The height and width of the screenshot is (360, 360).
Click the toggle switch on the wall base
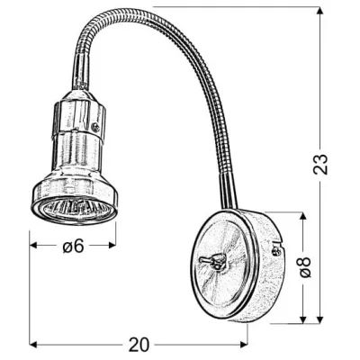(x=215, y=261)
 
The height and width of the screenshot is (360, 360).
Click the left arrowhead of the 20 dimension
(x=34, y=343)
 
